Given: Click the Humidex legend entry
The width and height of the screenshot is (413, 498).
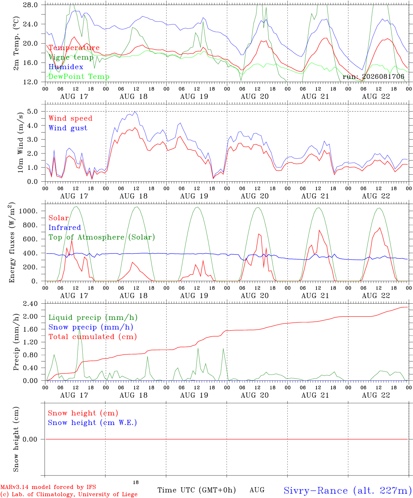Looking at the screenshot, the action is click(66, 67).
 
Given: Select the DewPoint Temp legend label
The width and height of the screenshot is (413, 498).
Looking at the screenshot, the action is click(79, 76).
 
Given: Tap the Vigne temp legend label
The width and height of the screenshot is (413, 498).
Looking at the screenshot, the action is click(71, 57).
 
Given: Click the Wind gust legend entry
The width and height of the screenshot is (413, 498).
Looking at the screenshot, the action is click(68, 128).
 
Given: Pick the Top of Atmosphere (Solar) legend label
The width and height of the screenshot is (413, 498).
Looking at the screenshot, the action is click(102, 237).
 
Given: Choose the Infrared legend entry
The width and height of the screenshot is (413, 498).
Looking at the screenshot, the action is click(65, 228).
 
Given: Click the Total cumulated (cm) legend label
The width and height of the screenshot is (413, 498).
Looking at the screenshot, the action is click(93, 336).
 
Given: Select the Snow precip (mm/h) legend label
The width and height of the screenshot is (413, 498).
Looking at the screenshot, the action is click(91, 327).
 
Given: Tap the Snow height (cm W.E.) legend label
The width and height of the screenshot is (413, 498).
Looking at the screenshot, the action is click(92, 422).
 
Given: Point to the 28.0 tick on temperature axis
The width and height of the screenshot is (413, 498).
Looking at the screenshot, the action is click(30, 5).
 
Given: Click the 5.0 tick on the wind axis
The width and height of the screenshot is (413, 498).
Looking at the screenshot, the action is click(32, 111).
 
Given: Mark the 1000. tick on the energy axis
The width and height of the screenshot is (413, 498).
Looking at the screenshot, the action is click(28, 211).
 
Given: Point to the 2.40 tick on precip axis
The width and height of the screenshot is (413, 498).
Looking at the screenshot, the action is click(30, 304).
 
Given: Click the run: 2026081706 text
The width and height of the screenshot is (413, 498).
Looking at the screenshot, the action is click(373, 76).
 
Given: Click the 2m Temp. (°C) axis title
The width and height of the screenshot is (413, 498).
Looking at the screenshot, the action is click(16, 43).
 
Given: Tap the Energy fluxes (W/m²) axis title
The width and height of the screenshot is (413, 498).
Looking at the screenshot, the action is click(12, 242).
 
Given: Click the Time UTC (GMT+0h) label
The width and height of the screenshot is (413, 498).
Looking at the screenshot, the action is click(196, 490).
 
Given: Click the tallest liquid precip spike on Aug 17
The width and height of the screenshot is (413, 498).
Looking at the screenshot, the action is click(79, 329).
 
